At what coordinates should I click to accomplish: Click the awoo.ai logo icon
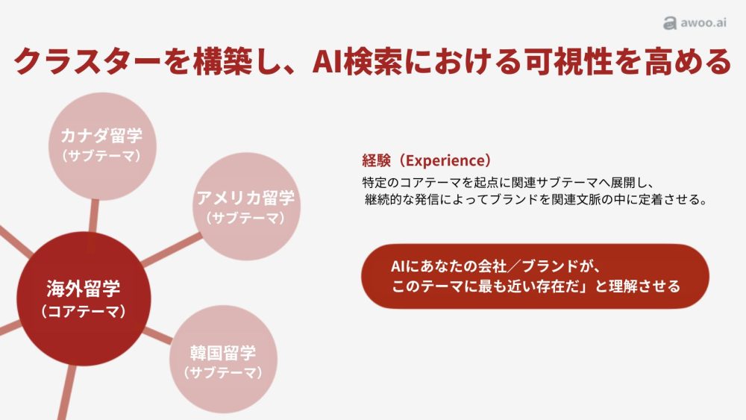click(x=670, y=22)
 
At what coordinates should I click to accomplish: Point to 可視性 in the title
click(x=546, y=62)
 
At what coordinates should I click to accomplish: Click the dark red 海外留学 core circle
click(x=84, y=298)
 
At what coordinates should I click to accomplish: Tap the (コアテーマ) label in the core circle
click(x=84, y=311)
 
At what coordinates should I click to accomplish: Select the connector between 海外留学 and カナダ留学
click(x=93, y=216)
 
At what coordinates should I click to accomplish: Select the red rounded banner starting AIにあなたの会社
click(x=534, y=276)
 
